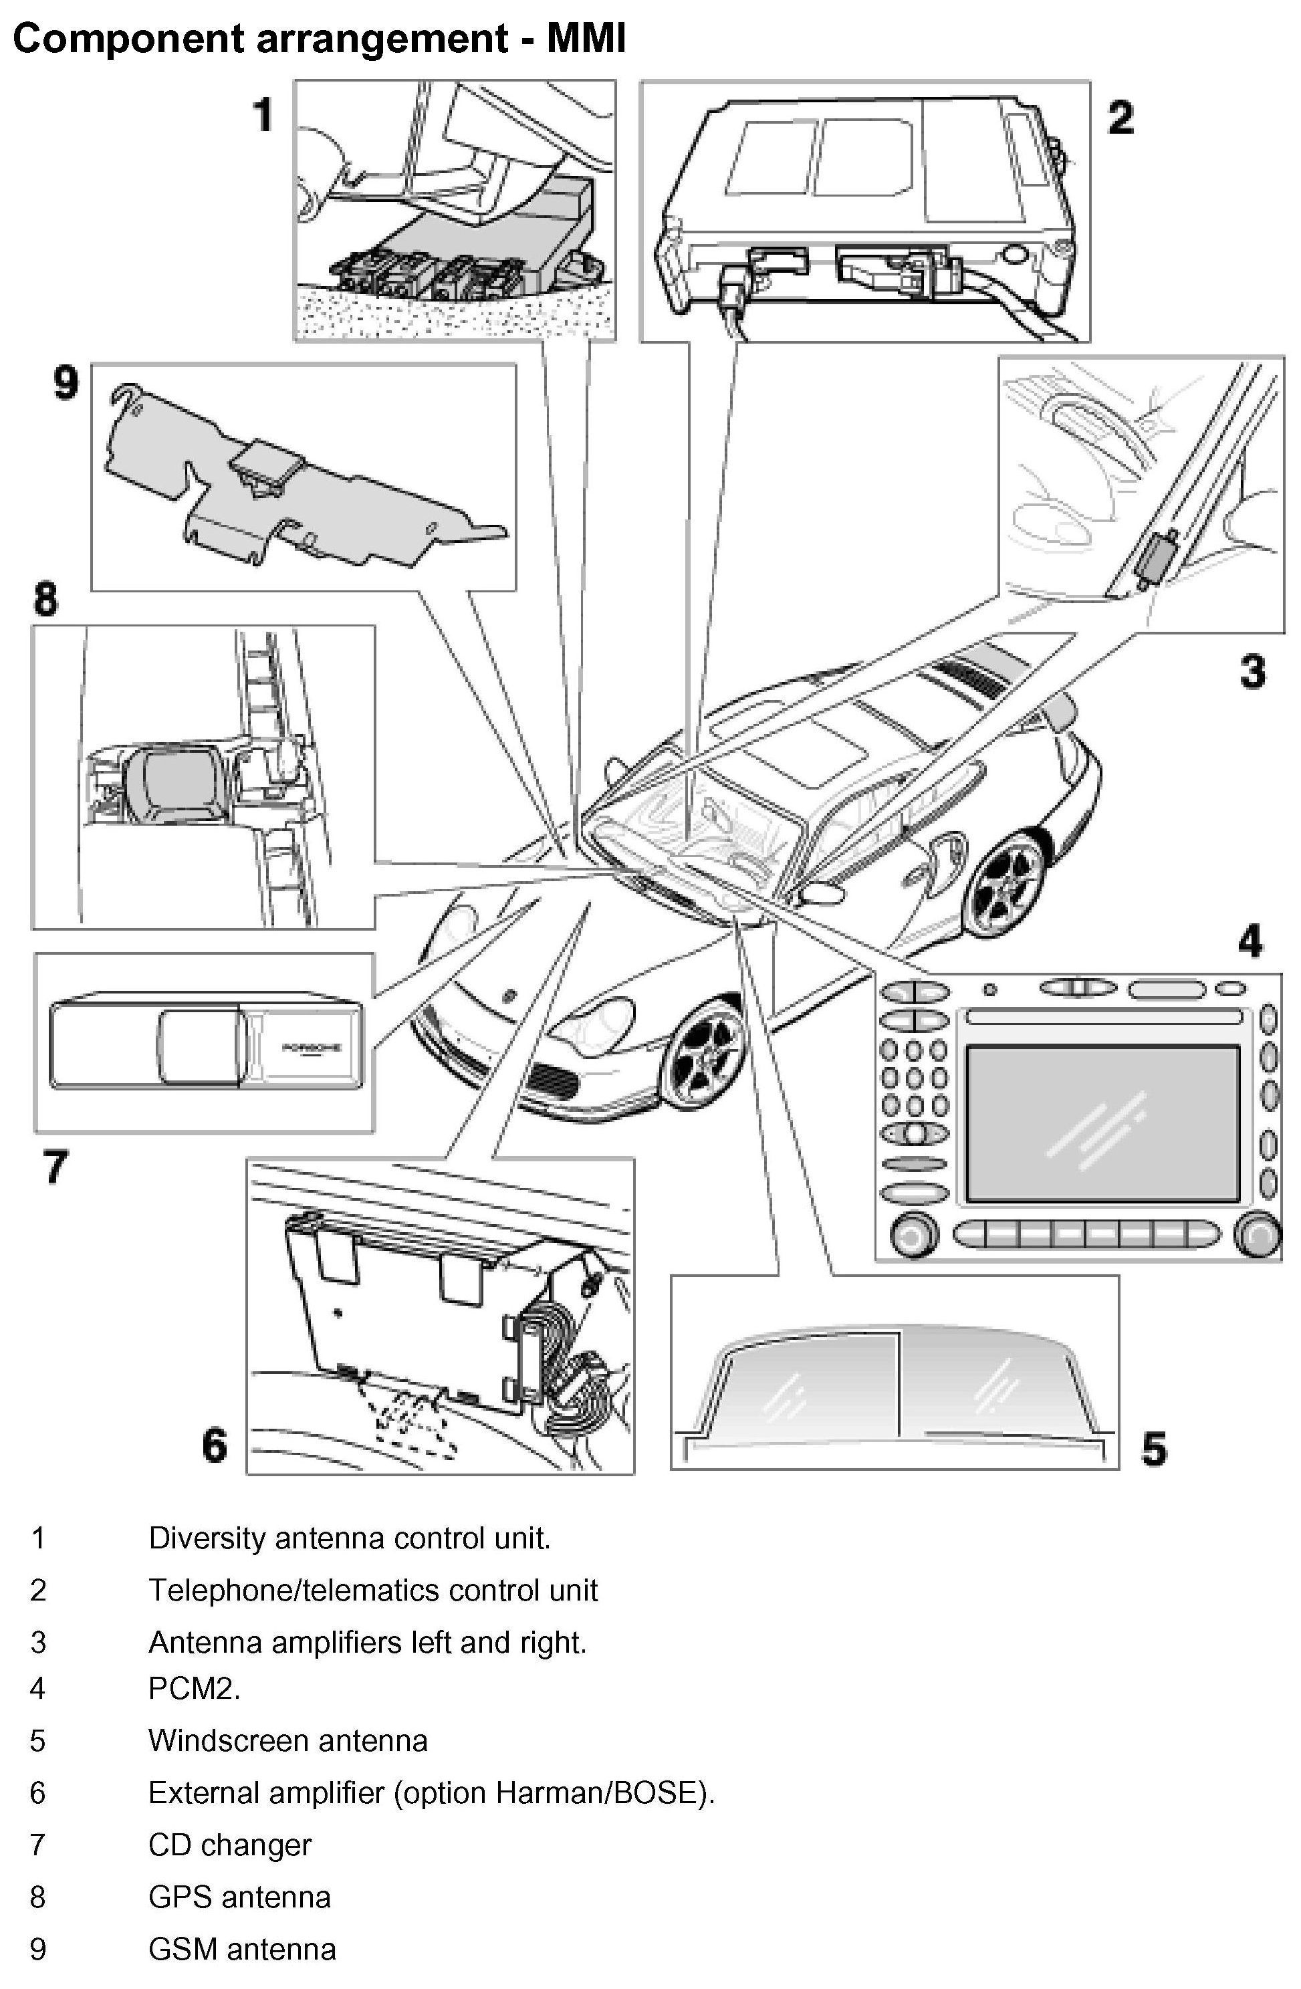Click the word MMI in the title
click(x=586, y=39)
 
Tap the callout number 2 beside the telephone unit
click(x=1120, y=118)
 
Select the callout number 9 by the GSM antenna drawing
click(x=65, y=384)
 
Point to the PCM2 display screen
click(x=1101, y=1122)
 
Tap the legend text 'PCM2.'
click(x=194, y=1689)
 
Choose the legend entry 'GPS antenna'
click(x=239, y=1897)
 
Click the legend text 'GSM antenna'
click(x=241, y=1950)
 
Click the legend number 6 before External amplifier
click(x=37, y=1792)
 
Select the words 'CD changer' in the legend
click(x=230, y=1845)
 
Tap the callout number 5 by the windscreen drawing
click(x=1153, y=1449)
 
